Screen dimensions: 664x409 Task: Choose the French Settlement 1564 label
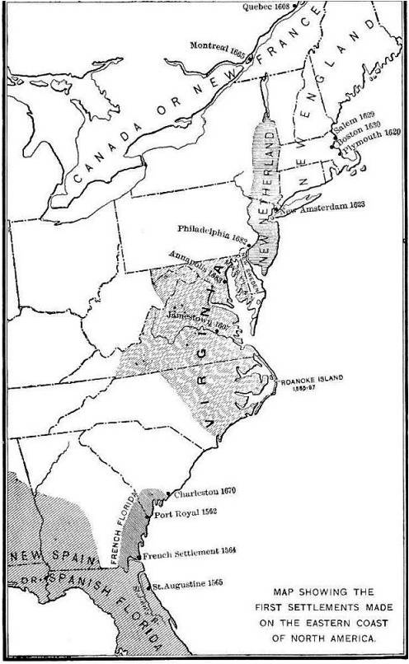point(189,554)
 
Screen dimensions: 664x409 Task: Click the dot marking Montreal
point(179,58)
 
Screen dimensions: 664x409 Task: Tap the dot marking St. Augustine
point(151,587)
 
